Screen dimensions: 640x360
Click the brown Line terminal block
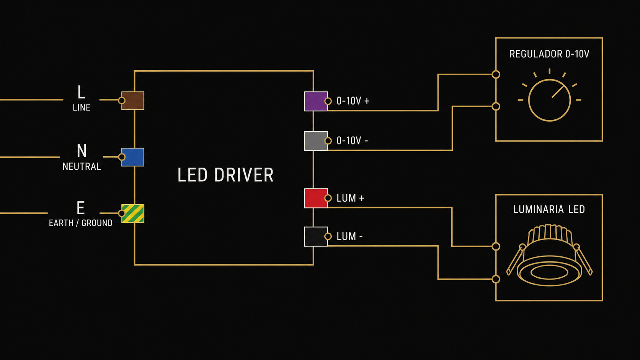(133, 101)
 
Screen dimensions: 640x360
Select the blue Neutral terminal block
(133, 157)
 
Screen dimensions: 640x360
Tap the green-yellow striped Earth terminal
(133, 213)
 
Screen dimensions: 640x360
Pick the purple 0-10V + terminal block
(316, 101)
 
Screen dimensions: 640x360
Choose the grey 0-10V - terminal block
(316, 141)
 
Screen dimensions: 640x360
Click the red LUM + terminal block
(316, 198)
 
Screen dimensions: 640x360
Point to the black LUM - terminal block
(316, 236)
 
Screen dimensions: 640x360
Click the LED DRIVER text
(225, 175)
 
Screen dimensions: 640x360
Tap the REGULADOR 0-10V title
(549, 54)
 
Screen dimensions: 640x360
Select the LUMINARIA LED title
(549, 209)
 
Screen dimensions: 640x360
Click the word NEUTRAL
(82, 166)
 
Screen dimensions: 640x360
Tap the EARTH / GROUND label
(80, 223)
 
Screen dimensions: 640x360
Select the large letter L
(81, 92)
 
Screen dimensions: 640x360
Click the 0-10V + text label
(353, 101)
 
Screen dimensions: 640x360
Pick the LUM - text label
(349, 236)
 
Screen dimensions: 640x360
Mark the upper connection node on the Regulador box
(496, 75)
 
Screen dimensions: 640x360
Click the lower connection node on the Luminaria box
(496, 279)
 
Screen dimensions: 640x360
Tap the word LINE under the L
(82, 108)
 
